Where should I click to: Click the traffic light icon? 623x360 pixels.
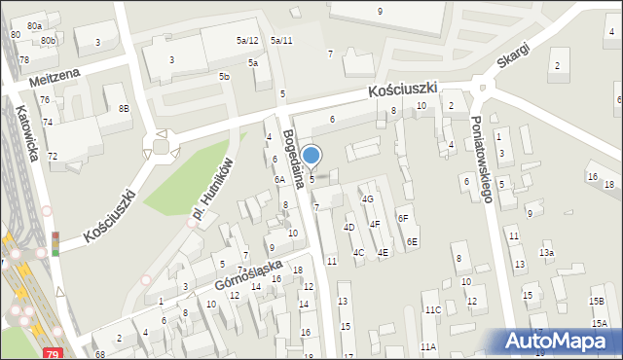[x=55, y=243]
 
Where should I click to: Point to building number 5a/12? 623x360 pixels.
[x=247, y=40]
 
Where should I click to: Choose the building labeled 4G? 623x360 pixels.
[x=367, y=198]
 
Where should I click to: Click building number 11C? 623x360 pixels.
[x=432, y=310]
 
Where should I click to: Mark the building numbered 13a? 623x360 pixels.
[x=548, y=253]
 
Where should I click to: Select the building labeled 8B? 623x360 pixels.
[x=124, y=108]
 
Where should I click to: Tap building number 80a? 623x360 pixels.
[x=35, y=25]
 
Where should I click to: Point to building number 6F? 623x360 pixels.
[x=403, y=219]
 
